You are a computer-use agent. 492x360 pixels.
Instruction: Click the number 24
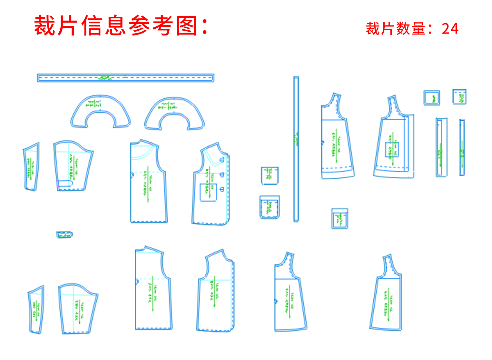450,29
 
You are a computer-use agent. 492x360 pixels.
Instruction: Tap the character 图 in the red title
187,26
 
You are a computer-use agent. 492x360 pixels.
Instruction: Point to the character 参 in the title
140,26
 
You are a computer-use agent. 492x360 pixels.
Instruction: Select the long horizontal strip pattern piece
125,78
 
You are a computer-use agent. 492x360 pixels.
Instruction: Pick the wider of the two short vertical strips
441,147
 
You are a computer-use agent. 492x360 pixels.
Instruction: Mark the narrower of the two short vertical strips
462,147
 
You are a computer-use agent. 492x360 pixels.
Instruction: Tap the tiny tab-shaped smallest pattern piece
64,235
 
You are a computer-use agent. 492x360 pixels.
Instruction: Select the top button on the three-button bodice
222,159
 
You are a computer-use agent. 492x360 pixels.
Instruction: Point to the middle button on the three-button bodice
222,175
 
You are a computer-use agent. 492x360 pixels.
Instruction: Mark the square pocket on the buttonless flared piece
392,149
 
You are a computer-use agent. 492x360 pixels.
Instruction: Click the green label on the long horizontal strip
104,78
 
